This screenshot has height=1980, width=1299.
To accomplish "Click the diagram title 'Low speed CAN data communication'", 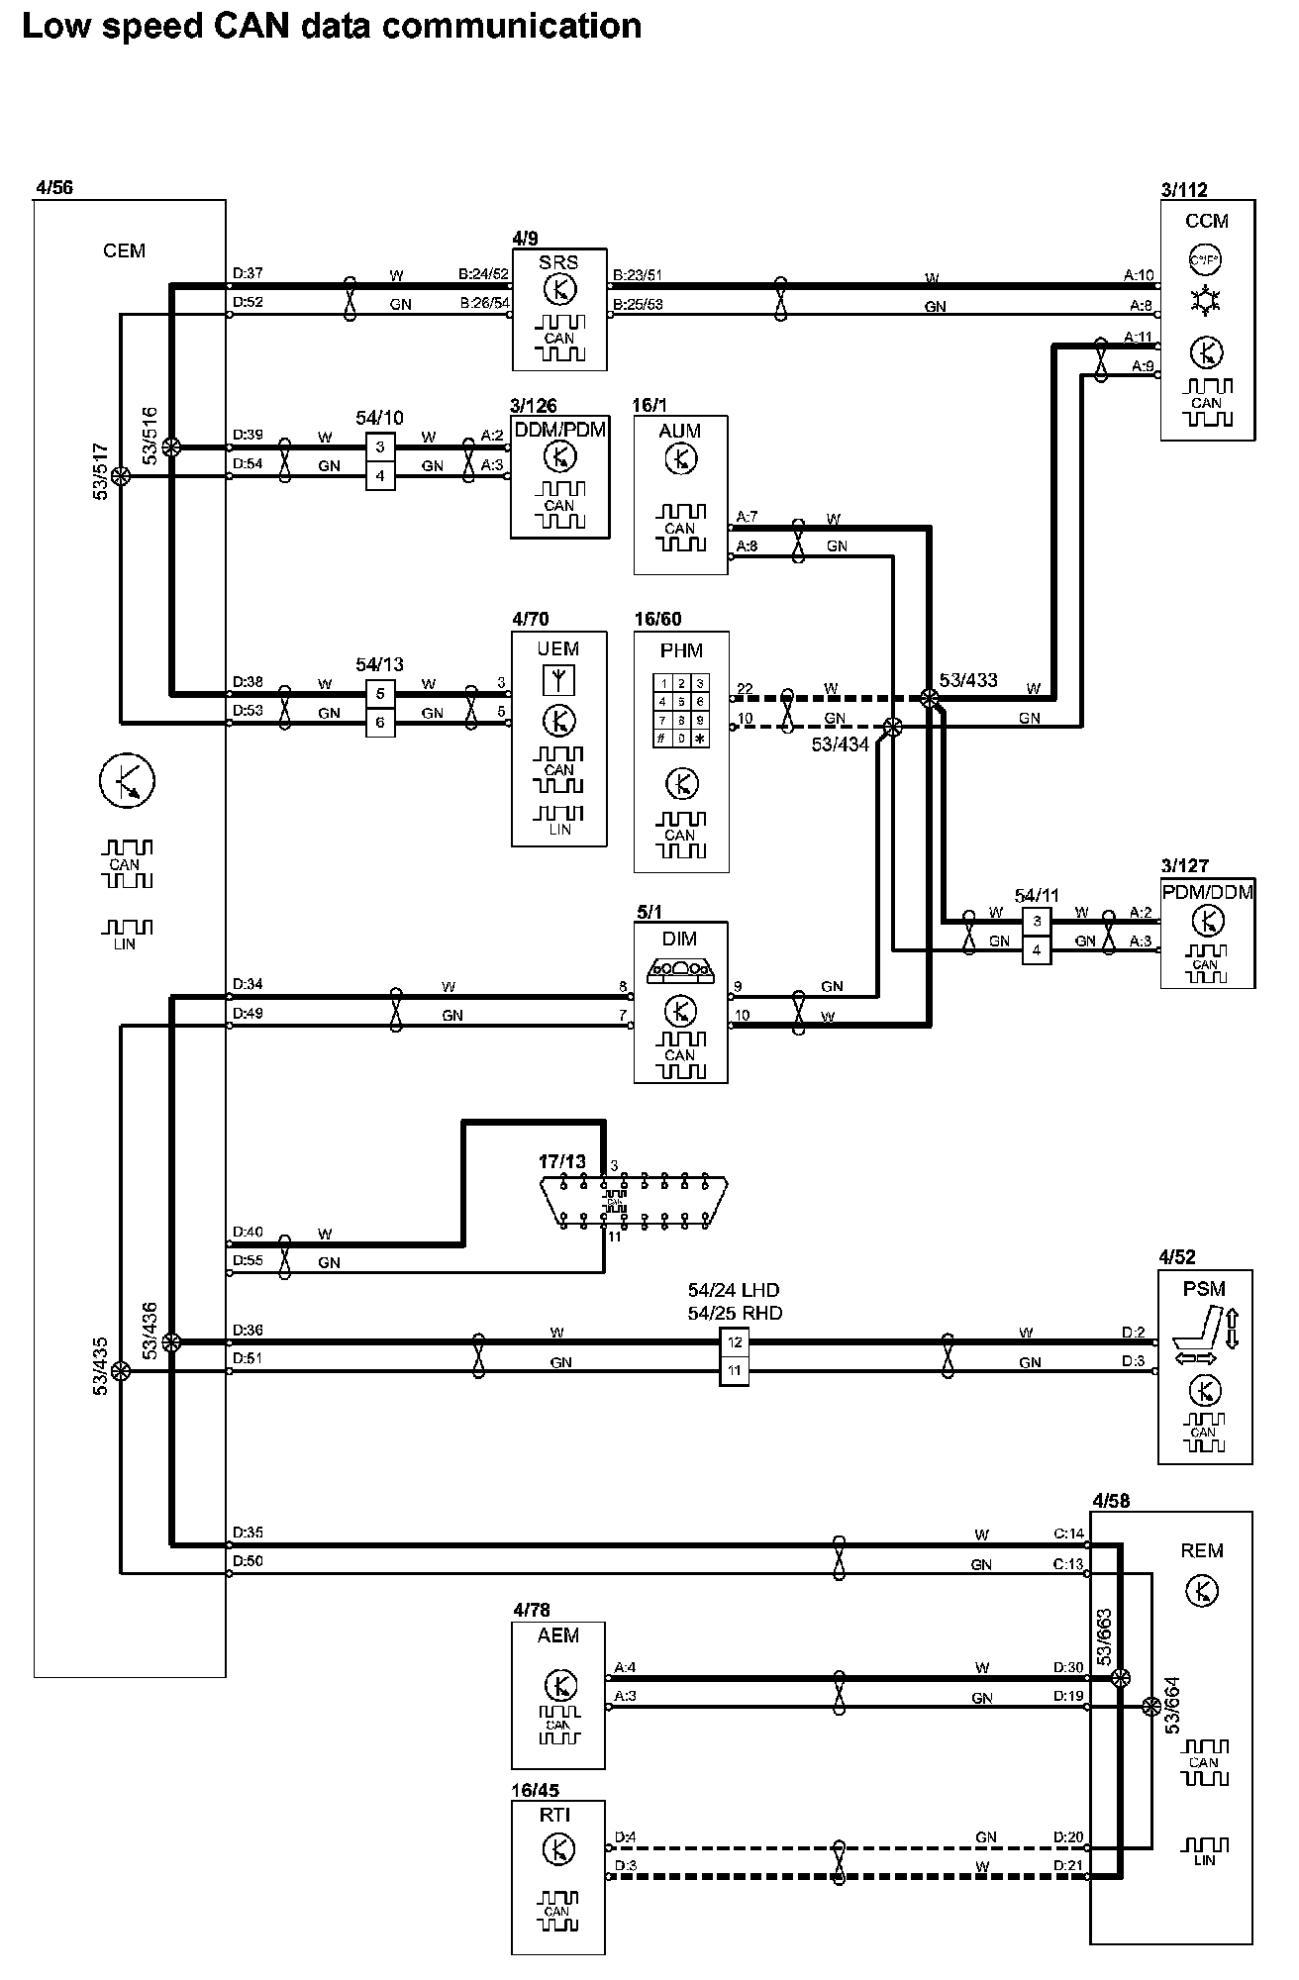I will click(332, 27).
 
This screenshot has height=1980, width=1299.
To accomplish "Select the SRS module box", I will click(559, 309).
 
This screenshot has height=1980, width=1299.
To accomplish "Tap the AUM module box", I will click(680, 494).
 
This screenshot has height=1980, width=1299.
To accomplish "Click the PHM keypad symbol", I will click(681, 711).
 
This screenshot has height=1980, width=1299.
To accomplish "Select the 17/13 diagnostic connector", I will click(634, 1203).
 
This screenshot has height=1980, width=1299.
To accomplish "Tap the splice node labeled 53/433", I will click(929, 699).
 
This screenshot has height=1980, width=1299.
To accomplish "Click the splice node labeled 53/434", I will click(892, 728).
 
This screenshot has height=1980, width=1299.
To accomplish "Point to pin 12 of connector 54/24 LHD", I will click(734, 1343).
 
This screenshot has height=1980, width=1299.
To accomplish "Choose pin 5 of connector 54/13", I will click(380, 694).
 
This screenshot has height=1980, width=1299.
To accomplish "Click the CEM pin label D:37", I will click(248, 273).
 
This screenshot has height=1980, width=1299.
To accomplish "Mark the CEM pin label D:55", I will click(248, 1261).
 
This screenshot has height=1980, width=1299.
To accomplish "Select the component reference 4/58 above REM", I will click(1110, 1501).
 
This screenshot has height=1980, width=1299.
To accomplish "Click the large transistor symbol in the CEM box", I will click(128, 781).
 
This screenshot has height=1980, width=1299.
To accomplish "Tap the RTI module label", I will click(556, 1815).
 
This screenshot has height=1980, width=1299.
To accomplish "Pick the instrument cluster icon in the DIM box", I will click(680, 971).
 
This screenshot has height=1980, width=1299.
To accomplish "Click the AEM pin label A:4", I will click(625, 1666).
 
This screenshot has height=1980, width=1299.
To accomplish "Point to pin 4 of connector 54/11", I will click(1037, 950).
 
